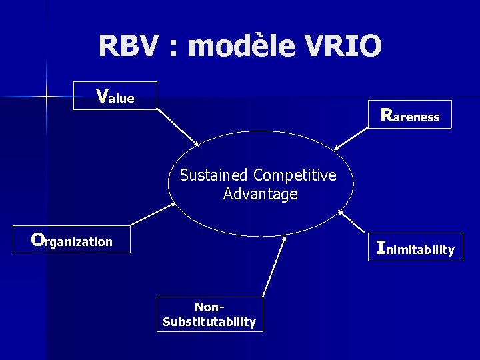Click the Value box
coord(115,96)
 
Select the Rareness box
coord(410,114)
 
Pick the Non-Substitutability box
coord(209,314)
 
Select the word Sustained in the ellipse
coord(213,175)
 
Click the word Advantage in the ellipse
coord(260,194)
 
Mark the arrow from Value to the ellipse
coord(178,127)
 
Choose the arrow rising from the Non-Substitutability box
coord(273,266)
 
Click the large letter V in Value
coord(102,96)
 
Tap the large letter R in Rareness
coord(386,114)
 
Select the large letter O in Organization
coord(37,239)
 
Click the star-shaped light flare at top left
coord(47,97)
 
